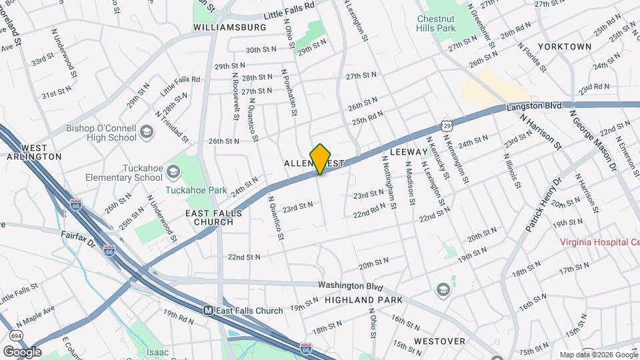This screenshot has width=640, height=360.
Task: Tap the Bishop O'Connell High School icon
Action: (146, 133)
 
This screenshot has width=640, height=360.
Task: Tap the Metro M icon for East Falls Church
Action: (209, 311)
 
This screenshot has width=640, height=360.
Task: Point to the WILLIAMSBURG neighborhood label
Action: (229, 27)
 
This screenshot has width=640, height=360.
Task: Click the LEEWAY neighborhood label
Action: (407, 152)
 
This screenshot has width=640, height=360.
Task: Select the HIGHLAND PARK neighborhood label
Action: (363, 301)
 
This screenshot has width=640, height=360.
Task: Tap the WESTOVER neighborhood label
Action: (439, 341)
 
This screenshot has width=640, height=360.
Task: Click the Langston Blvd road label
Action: (535, 106)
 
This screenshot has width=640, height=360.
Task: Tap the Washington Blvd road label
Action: (350, 285)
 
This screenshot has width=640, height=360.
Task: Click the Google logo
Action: (22, 351)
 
